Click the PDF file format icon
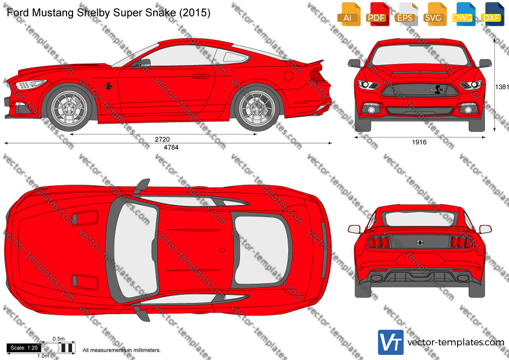point(377,14)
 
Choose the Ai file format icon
point(349,14)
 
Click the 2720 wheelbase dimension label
point(162,139)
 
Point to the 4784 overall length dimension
point(171,148)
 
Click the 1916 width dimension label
point(419,142)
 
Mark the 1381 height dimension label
point(502,87)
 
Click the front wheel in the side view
point(70,107)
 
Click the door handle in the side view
point(201,76)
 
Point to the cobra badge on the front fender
point(108,86)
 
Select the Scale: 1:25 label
point(24,348)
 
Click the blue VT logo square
point(391,342)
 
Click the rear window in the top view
point(262,250)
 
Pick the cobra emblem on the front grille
point(436,90)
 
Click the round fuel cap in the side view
point(289,75)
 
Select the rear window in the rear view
point(419,219)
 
